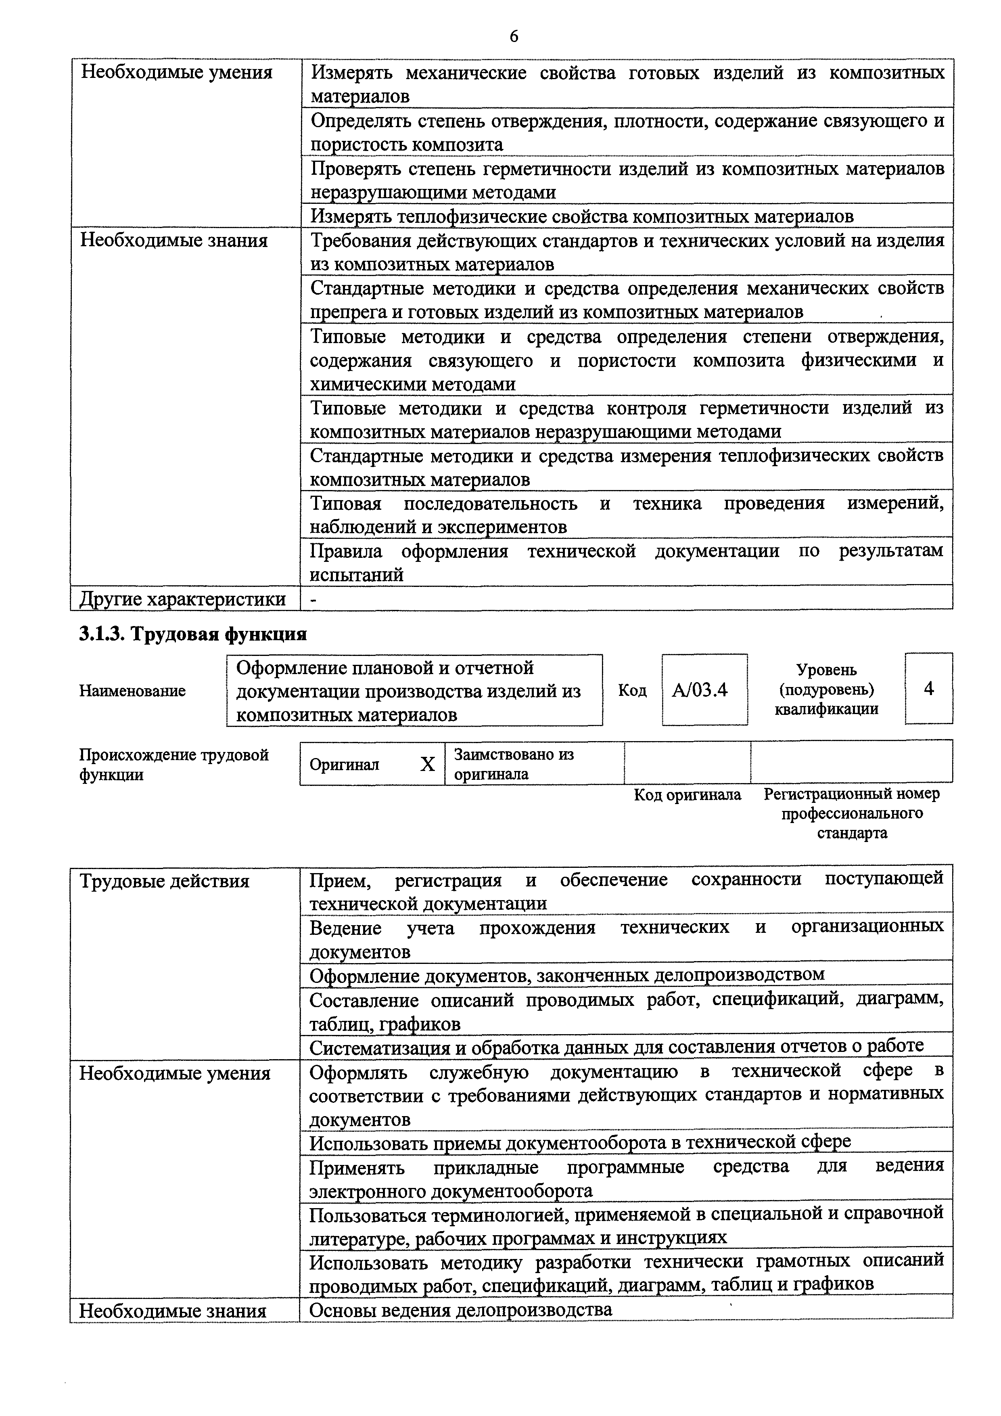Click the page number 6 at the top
point(514,36)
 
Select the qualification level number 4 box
point(928,688)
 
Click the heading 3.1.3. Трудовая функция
point(193,634)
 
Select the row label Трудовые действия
point(165,881)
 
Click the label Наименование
point(132,691)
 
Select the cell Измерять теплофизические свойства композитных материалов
point(581,216)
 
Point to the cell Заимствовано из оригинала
point(514,764)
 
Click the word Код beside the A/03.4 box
point(632,691)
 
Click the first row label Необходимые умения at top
point(177,73)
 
